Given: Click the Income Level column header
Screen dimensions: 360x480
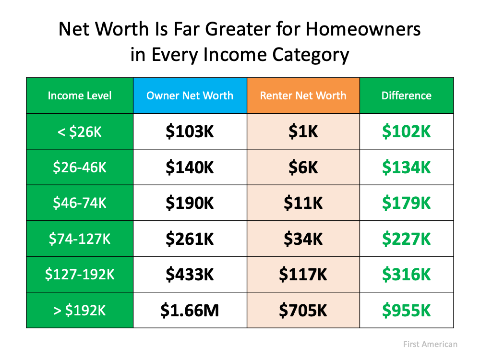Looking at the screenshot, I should [x=80, y=96].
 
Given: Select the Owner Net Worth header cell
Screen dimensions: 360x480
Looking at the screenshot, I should [x=190, y=96].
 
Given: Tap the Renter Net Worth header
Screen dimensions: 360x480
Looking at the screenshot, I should [x=303, y=96].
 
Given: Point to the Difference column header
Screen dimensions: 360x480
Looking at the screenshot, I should [x=406, y=96].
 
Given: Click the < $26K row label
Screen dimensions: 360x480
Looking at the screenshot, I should [x=80, y=132].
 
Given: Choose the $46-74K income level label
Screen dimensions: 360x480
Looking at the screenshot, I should [x=80, y=203].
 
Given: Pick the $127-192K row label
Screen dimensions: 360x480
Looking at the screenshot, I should [x=80, y=275].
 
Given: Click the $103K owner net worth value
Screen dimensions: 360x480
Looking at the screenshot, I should [x=190, y=132].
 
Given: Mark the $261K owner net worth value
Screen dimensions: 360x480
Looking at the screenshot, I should [x=190, y=239].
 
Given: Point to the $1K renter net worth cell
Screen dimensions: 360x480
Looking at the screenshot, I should [x=303, y=132].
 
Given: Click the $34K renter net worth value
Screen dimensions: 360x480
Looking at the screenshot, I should [x=303, y=239].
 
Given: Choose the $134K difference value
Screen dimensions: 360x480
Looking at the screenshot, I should [x=406, y=168].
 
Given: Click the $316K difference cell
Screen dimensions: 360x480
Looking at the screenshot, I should [x=406, y=275].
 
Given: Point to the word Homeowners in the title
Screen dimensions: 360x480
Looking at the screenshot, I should [x=363, y=30].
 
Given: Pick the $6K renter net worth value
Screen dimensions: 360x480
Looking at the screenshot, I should [x=303, y=168].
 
